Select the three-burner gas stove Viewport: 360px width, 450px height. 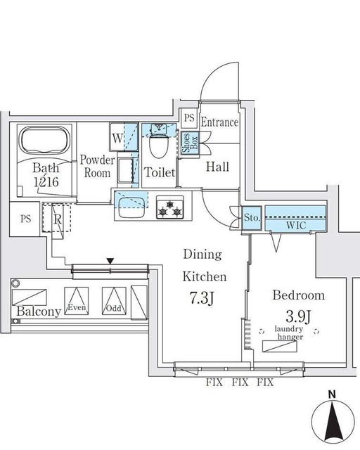169,207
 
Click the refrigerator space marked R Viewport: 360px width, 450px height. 55,217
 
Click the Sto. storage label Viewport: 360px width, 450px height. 252,219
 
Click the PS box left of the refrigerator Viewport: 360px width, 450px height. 26,219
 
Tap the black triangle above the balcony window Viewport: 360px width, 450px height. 110,262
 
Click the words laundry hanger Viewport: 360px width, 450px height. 289,333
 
